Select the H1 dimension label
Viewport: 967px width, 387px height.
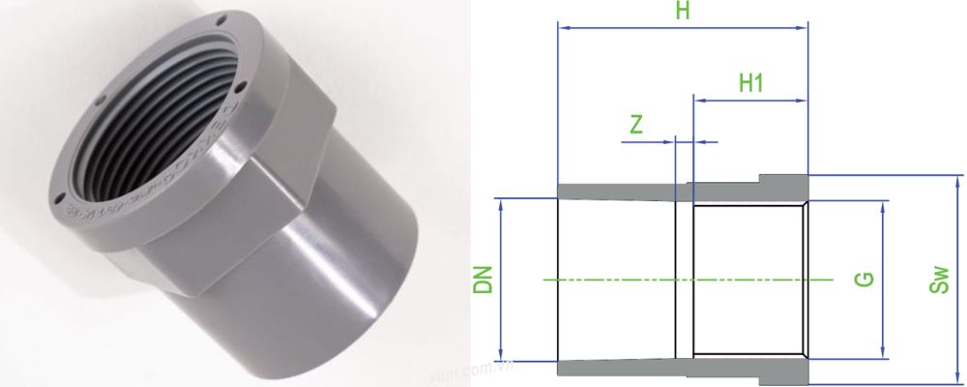[751, 83]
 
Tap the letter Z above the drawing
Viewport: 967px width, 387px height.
[636, 125]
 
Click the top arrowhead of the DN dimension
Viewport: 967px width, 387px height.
[501, 204]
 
